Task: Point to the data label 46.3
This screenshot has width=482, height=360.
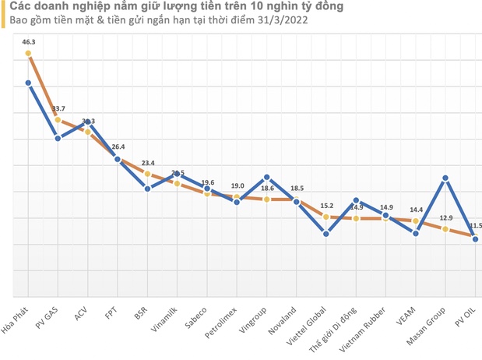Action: pos(29,41)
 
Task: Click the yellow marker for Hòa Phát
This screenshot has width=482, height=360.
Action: pos(28,54)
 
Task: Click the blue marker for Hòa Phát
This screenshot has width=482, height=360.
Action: pos(28,83)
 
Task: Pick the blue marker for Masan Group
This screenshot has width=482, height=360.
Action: pos(445,178)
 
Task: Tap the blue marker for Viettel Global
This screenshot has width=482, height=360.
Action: pos(325,233)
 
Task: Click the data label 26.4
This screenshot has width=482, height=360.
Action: pos(118,146)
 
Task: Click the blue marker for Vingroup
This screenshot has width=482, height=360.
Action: pos(266,177)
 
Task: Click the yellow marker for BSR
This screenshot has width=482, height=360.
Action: pos(147,174)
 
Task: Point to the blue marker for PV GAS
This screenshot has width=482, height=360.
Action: pos(58,138)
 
